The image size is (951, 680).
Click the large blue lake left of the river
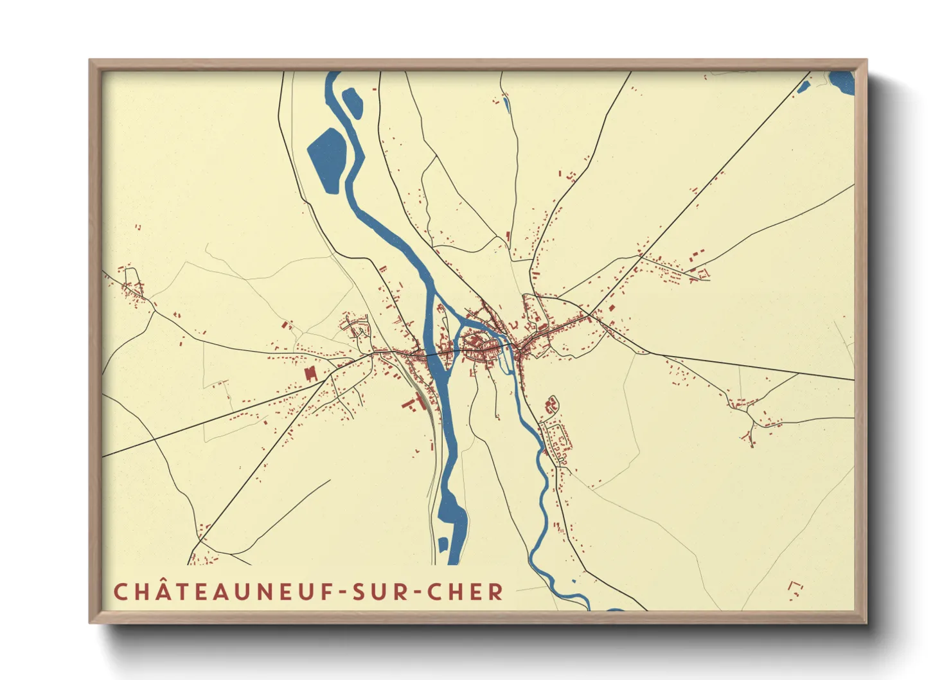coord(327,159)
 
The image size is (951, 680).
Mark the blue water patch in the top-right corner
coord(842,82)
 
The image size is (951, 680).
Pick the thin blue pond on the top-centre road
coord(506,103)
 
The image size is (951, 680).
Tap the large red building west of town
coord(311,373)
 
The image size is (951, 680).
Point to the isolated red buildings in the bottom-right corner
coord(795,587)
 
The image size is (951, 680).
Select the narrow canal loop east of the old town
coord(505,360)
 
